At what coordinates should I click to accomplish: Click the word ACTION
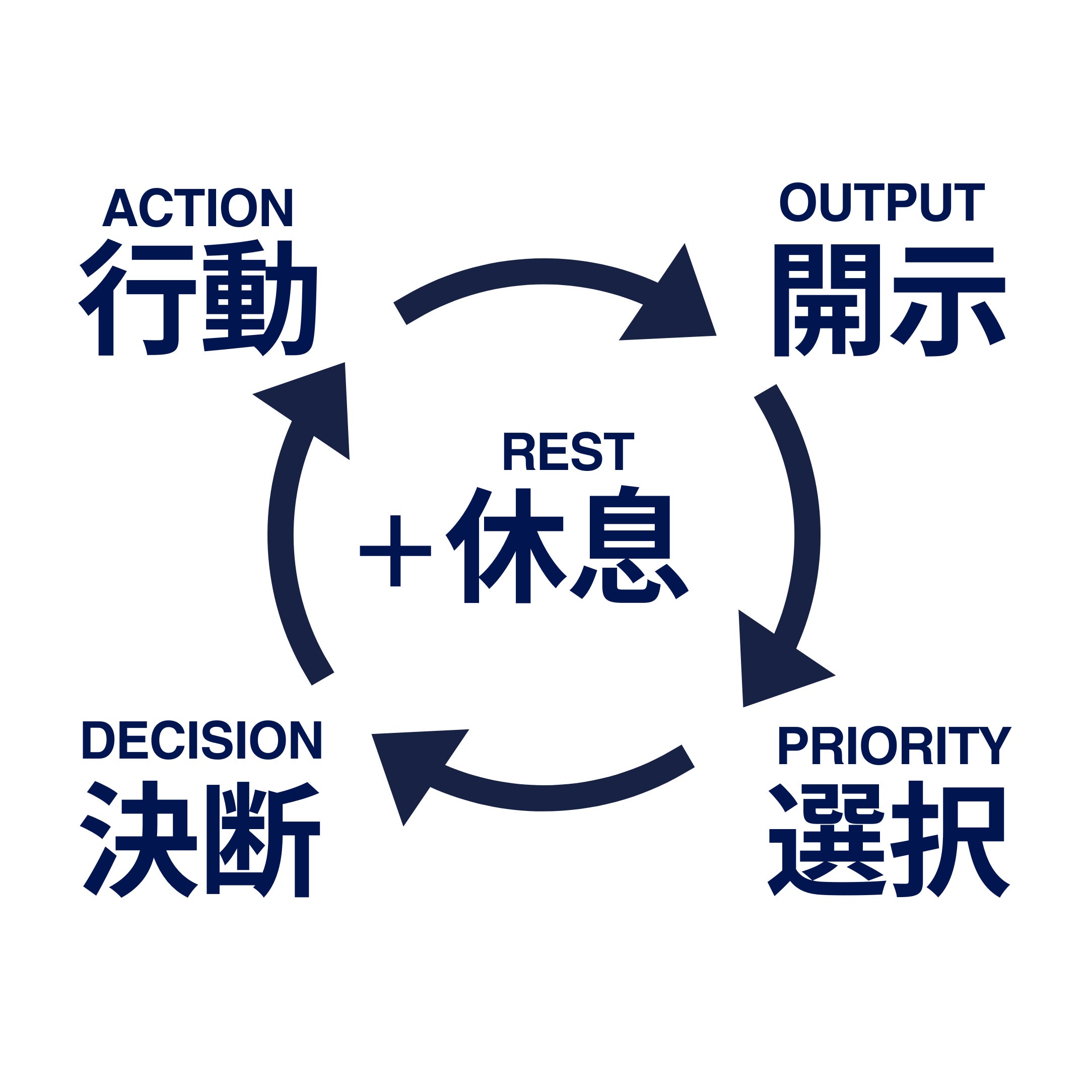[x=197, y=208]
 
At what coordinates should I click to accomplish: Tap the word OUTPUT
[x=882, y=201]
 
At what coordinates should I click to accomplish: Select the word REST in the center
[x=569, y=451]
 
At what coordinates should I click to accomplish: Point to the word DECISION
[x=201, y=740]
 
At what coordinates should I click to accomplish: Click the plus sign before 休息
[x=395, y=551]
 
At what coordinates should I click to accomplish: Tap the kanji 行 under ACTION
[x=138, y=299]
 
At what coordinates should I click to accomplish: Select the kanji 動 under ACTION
[x=260, y=299]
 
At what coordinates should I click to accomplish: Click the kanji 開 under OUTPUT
[x=827, y=300]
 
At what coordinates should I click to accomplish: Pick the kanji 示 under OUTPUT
[x=949, y=301]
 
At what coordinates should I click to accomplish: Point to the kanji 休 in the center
[x=506, y=545]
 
